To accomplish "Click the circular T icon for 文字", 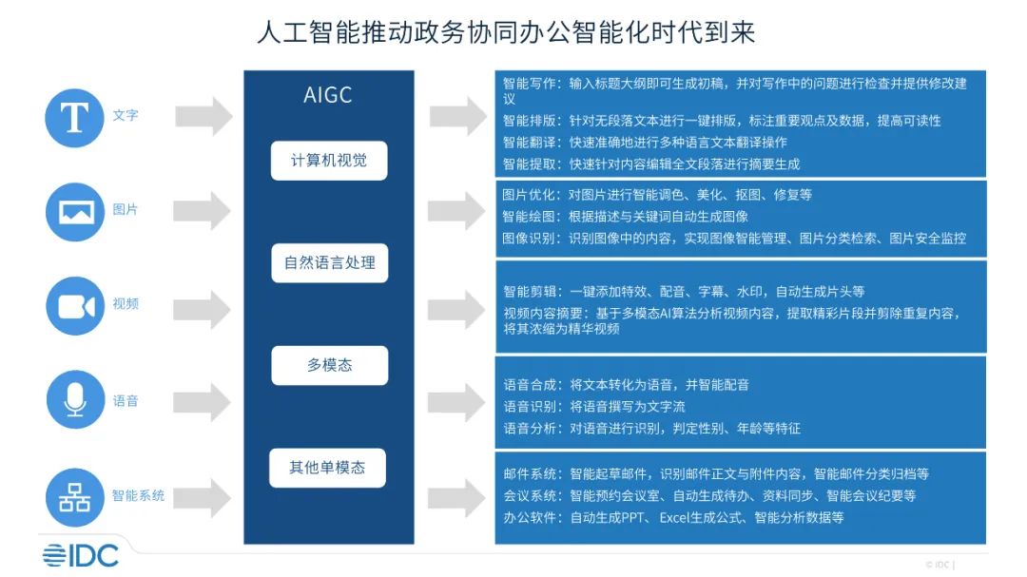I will pos(75,117).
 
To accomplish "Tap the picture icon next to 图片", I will pos(75,211).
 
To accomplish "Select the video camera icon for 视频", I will pos(75,305).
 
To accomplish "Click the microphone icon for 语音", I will pos(75,400).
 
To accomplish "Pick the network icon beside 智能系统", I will pos(75,496).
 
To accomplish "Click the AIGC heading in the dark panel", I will pos(328,95).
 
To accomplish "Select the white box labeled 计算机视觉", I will pos(328,161).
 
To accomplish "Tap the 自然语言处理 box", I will pos(329,262).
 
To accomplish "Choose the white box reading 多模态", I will pos(329,365).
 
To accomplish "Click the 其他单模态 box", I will pos(328,468).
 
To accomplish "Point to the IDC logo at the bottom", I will pos(80,555).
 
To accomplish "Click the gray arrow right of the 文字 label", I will pos(204,117).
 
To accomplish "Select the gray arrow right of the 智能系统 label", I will pos(204,496).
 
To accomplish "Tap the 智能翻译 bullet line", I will pos(645,143).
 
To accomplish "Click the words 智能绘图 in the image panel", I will pos(528,216).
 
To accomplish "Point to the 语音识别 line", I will pos(593,407).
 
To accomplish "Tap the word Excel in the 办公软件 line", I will pos(678,517).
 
